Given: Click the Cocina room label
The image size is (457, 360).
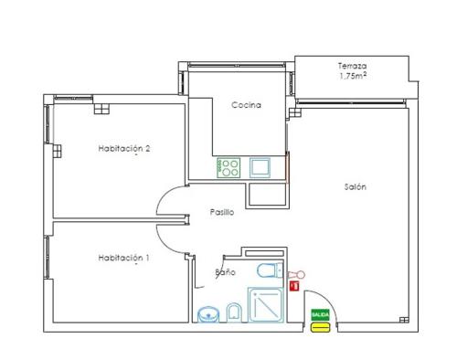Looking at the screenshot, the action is pyautogui.click(x=246, y=105).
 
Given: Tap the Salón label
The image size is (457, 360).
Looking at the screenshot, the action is pyautogui.click(x=355, y=186).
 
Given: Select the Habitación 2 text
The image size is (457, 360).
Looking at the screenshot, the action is pyautogui.click(x=124, y=149).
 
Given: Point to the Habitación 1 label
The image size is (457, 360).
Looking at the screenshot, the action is pyautogui.click(x=123, y=258).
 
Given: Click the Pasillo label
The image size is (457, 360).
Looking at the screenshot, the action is pyautogui.click(x=222, y=212).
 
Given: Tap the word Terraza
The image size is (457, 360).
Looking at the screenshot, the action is pyautogui.click(x=352, y=66).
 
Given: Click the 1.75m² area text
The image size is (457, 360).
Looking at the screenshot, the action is pyautogui.click(x=353, y=76).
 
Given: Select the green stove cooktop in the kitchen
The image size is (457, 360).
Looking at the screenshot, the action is pyautogui.click(x=228, y=168).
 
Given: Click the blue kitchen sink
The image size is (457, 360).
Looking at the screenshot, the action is pyautogui.click(x=260, y=167).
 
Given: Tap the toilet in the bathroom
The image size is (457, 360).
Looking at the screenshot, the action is pyautogui.click(x=271, y=270).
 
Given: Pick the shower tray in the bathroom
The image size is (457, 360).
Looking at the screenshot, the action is pyautogui.click(x=266, y=304).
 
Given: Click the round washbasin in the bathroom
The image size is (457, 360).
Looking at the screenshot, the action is pyautogui.click(x=208, y=314).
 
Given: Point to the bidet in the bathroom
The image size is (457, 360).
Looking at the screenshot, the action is pyautogui.click(x=234, y=312).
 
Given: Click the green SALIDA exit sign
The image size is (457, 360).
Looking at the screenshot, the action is pyautogui.click(x=320, y=314).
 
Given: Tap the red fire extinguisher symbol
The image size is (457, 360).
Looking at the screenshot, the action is pyautogui.click(x=294, y=286).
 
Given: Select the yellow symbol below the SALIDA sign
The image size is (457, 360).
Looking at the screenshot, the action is pyautogui.click(x=320, y=327).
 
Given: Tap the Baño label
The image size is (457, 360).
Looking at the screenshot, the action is pyautogui.click(x=226, y=272).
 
